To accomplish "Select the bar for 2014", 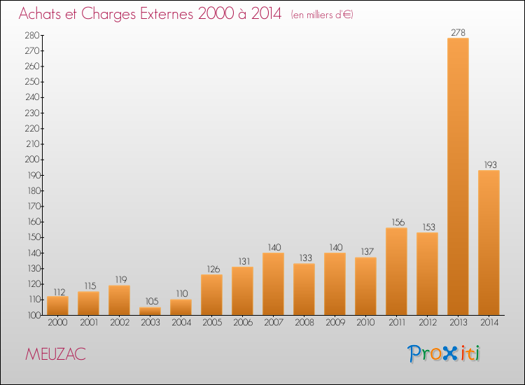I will tap(489, 242).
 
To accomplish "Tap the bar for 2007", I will tap(273, 283).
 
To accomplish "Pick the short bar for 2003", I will tap(150, 311).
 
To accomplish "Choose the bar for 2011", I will tap(396, 271).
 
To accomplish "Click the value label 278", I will tap(458, 32).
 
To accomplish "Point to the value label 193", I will tap(489, 164).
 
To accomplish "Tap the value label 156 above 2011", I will tap(396, 222).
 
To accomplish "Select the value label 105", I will tap(150, 302).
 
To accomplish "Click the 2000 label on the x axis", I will tap(57, 323).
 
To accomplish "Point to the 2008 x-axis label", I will tap(304, 323).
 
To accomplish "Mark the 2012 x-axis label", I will tap(427, 323).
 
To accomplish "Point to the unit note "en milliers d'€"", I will tap(322, 15).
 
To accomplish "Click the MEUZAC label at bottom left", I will tap(55, 354).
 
